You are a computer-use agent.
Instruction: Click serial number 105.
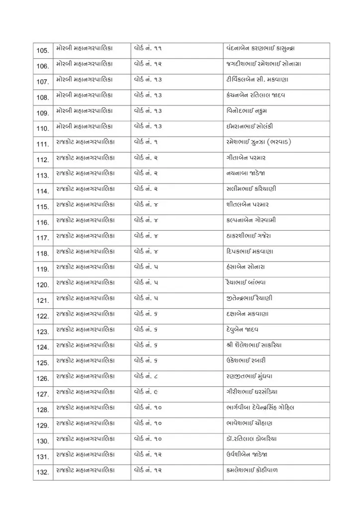pos(43,51)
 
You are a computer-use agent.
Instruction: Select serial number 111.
pos(43,145)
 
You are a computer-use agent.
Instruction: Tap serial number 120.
pos(43,285)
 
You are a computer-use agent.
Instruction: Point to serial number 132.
pos(43,472)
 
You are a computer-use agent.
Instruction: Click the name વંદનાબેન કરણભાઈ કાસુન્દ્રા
pos(263,48)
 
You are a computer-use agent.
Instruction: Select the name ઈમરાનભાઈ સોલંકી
pos(249,126)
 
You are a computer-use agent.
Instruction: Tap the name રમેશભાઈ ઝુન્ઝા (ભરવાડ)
pos(258,142)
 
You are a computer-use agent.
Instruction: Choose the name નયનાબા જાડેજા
pos(245,173)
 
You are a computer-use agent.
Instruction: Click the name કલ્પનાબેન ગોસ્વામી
pos(251,220)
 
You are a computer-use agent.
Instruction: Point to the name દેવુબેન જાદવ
pos(242,329)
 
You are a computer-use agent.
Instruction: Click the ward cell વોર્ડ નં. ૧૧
pos(148,48)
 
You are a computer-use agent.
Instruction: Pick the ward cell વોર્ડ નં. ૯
pos(146,392)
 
